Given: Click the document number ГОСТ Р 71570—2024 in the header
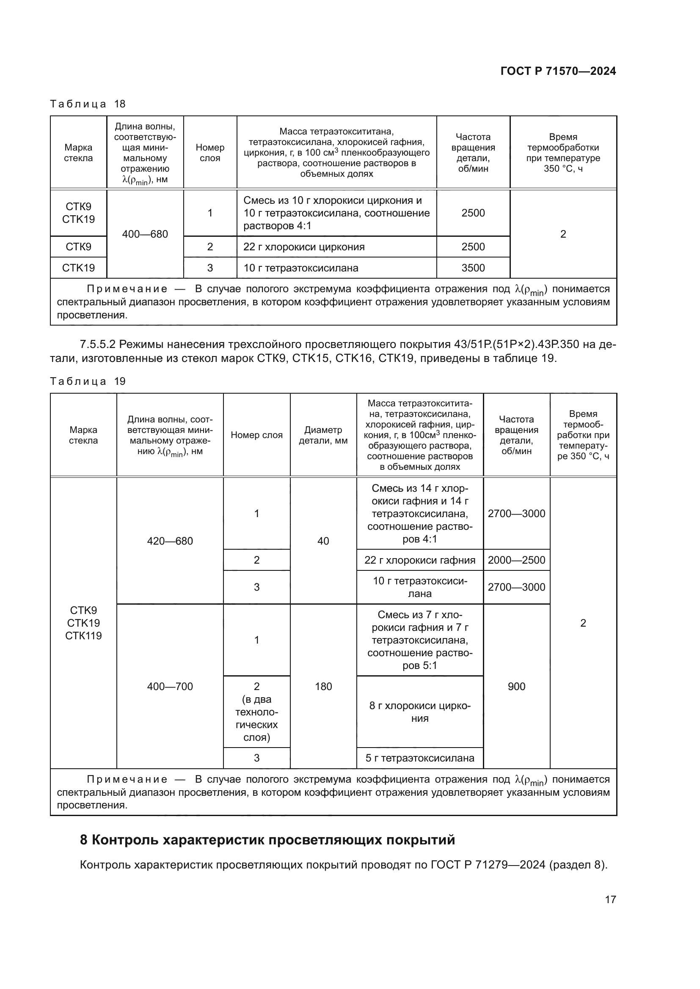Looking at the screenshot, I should click(558, 71).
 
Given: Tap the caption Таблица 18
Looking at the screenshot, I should click(88, 104).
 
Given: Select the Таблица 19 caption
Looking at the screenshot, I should click(88, 381).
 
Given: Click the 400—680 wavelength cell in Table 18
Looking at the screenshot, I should click(145, 234).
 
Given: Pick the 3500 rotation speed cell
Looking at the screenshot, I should click(473, 268).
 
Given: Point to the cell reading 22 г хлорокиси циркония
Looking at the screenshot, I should click(304, 247).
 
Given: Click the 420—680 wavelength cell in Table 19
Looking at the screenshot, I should click(170, 541).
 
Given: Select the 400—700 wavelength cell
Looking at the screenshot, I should click(170, 686).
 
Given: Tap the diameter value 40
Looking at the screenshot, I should click(323, 541).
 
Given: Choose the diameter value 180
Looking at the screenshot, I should click(323, 686).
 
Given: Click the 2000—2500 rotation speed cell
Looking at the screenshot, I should click(516, 560).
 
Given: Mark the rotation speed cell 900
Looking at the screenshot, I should click(516, 686).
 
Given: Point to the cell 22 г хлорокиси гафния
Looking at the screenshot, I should click(420, 560).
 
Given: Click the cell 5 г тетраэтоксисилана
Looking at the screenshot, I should click(420, 758).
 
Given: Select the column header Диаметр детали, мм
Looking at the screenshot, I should click(323, 435).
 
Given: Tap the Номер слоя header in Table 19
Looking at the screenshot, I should click(256, 435).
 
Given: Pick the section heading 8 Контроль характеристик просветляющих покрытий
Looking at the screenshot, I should click(267, 840).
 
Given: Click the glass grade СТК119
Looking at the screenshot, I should click(83, 636).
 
